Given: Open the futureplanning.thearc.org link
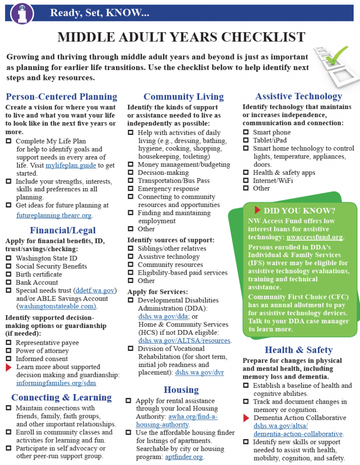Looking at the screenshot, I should pyautogui.click(x=54, y=215).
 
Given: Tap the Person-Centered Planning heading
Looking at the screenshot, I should pyautogui.click(x=61, y=97).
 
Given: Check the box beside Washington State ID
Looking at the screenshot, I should pyautogui.click(x=9, y=258).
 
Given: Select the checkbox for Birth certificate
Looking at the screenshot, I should pyautogui.click(x=9, y=274).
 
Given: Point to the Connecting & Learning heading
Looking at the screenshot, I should pyautogui.click(x=61, y=397).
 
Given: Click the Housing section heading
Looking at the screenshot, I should pyautogui.click(x=181, y=390).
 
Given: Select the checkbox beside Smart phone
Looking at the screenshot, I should pyautogui.click(x=246, y=133).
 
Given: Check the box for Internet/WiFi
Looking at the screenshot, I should pyautogui.click(x=246, y=180).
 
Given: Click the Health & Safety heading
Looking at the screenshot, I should pyautogui.click(x=299, y=350).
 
